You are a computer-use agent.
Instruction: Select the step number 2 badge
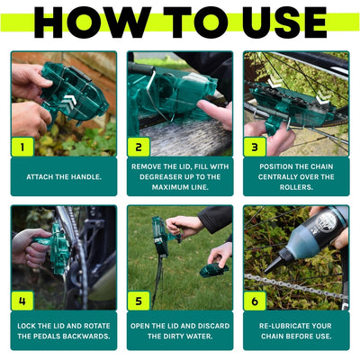click(139, 146)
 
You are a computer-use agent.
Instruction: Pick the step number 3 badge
click(256, 146)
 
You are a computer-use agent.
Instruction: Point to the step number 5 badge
click(139, 300)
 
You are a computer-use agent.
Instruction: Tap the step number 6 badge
click(256, 300)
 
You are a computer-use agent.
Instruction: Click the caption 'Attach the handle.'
click(63, 176)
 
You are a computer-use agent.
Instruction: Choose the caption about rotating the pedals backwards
click(63, 329)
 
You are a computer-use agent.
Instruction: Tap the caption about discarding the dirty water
click(179, 329)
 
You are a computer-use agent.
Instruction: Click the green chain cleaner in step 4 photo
click(58, 247)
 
